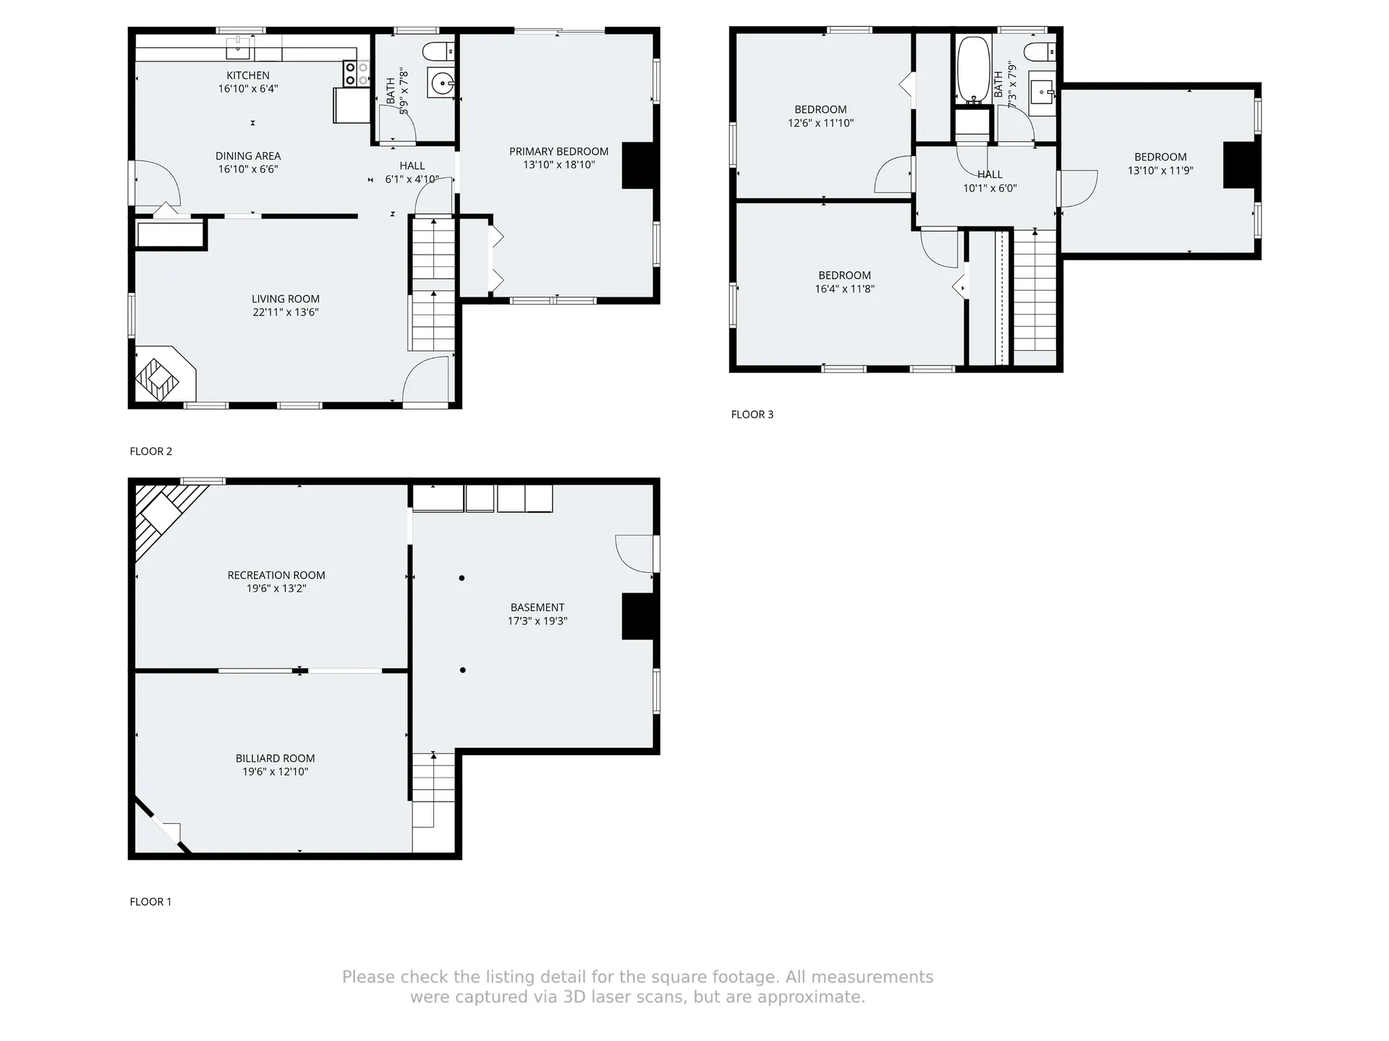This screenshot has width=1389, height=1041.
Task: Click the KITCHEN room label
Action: point(248,75)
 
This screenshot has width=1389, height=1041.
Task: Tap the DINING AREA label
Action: point(248,156)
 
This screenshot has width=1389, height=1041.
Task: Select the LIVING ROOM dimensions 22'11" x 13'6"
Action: point(286,313)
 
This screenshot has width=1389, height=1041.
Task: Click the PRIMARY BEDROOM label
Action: point(558,151)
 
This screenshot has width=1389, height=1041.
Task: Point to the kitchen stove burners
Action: point(356,73)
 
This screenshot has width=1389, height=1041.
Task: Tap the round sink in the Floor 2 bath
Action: point(441,84)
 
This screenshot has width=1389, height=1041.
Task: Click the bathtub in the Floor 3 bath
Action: point(974,71)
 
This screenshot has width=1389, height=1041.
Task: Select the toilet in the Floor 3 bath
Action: point(1040,51)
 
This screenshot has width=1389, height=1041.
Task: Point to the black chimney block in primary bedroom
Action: point(637,166)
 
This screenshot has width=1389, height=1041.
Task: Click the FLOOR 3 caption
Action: point(752,415)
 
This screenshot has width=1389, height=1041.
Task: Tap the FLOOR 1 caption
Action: point(150,901)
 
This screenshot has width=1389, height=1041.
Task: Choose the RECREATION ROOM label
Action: point(276,575)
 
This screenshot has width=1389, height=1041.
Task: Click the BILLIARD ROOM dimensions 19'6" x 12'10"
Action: point(276,772)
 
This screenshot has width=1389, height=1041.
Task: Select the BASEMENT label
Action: point(538,608)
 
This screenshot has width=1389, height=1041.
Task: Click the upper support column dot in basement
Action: point(462,578)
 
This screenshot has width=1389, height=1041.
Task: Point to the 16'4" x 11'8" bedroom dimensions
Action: point(845,289)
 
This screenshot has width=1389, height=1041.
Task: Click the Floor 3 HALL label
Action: point(990,174)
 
